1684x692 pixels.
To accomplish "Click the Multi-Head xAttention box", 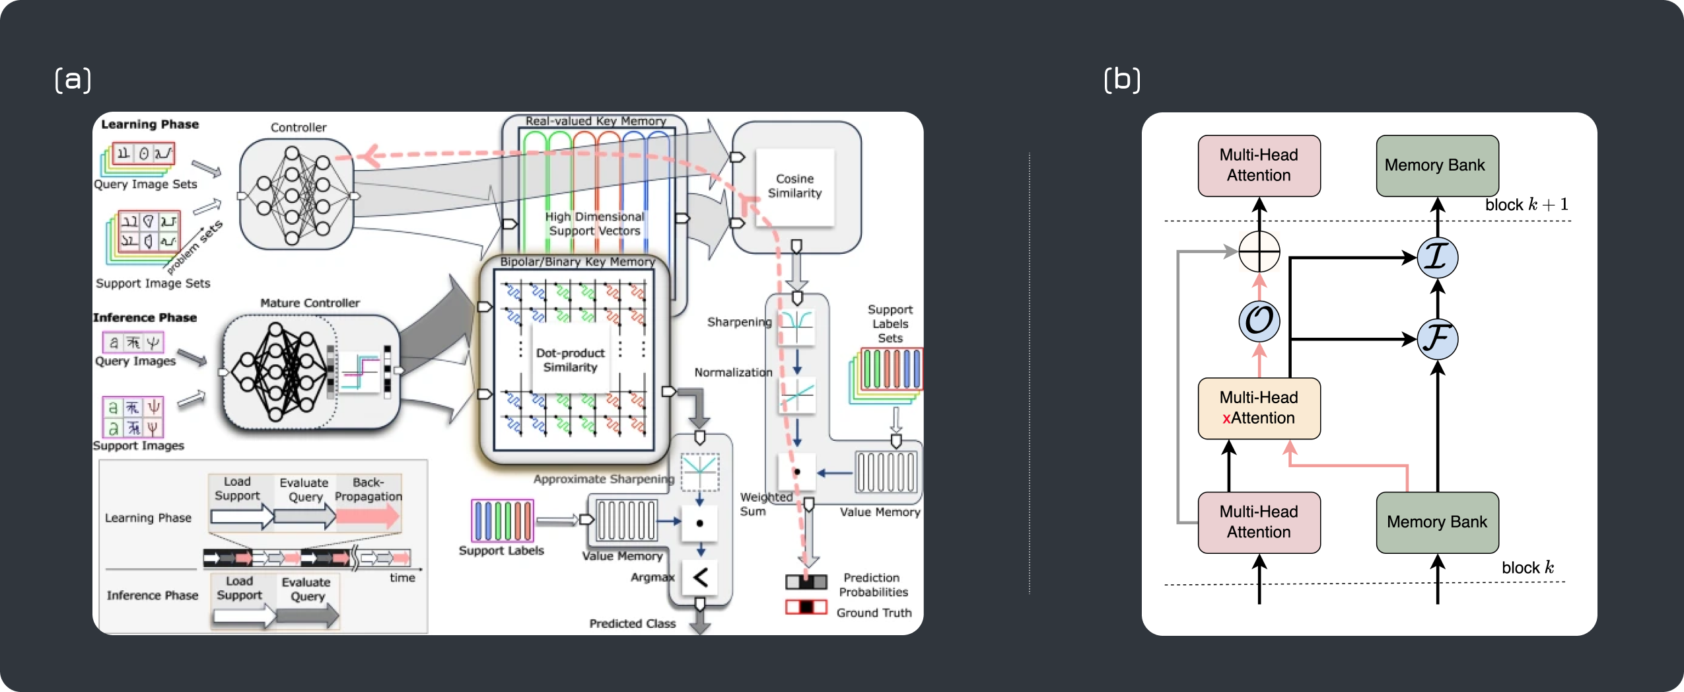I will tap(1259, 408).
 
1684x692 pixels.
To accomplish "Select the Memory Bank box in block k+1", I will tap(1437, 165).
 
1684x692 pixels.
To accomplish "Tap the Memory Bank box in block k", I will tap(1437, 522).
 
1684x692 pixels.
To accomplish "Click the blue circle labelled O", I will tap(1259, 321).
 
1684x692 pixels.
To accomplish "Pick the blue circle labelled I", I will tap(1437, 257).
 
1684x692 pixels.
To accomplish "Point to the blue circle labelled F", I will tap(1437, 339).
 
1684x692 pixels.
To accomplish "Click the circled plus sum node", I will tap(1259, 252).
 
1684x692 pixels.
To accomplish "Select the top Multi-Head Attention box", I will tap(1259, 165).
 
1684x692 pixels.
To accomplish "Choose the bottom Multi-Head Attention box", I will tap(1259, 522).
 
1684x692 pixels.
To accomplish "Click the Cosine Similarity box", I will tap(794, 186).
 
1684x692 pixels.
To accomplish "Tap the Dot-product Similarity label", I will tap(570, 360).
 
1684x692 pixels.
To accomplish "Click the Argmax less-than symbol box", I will tap(700, 578).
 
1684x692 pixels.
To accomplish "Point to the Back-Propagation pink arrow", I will tap(368, 516).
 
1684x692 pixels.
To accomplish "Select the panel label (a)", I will tap(73, 79).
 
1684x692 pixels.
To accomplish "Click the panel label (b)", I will tap(1122, 79).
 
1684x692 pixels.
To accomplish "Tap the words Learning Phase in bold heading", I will tap(150, 124).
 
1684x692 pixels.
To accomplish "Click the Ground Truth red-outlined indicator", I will tap(806, 607).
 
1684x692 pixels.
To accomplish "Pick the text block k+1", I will tap(1526, 205).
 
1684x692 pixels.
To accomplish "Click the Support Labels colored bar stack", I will tap(502, 521).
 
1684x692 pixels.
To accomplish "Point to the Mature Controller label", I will tap(310, 303).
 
